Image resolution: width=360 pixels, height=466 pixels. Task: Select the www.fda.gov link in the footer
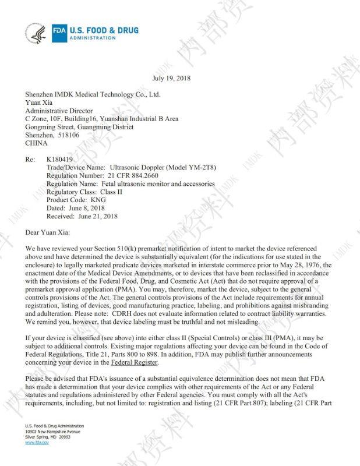click(37, 443)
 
